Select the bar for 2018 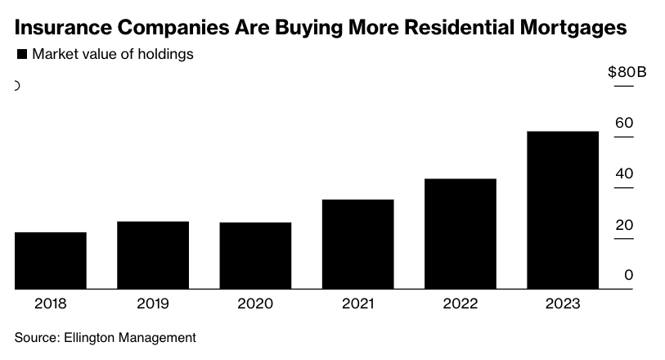tap(51, 260)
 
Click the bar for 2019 tap(153, 254)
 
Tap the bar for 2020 tap(255, 255)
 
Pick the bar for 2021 tap(358, 244)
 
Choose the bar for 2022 tap(461, 233)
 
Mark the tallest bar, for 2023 tap(563, 209)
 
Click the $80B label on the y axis tap(627, 72)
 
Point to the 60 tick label tap(625, 123)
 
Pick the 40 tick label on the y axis tap(625, 173)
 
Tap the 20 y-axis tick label tap(625, 225)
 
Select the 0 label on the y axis tap(629, 275)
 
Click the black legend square tap(20, 55)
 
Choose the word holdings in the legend tap(168, 55)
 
